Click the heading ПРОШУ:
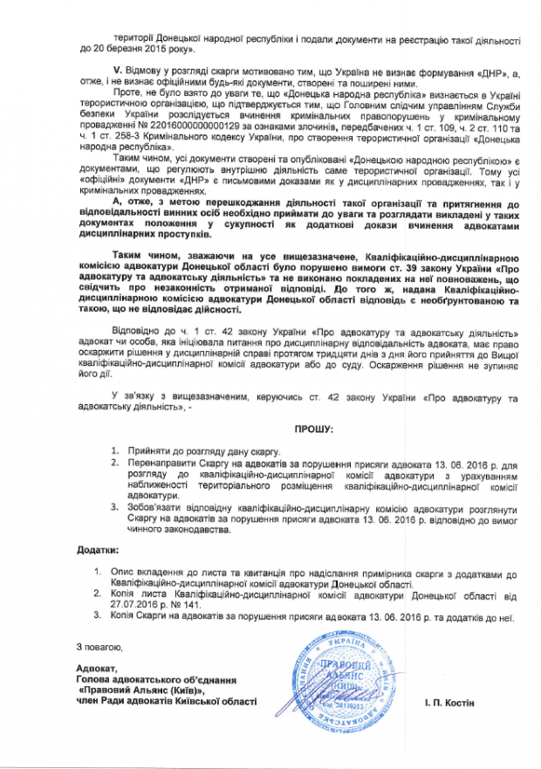pyautogui.click(x=312, y=429)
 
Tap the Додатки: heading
pyautogui.click(x=94, y=550)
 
